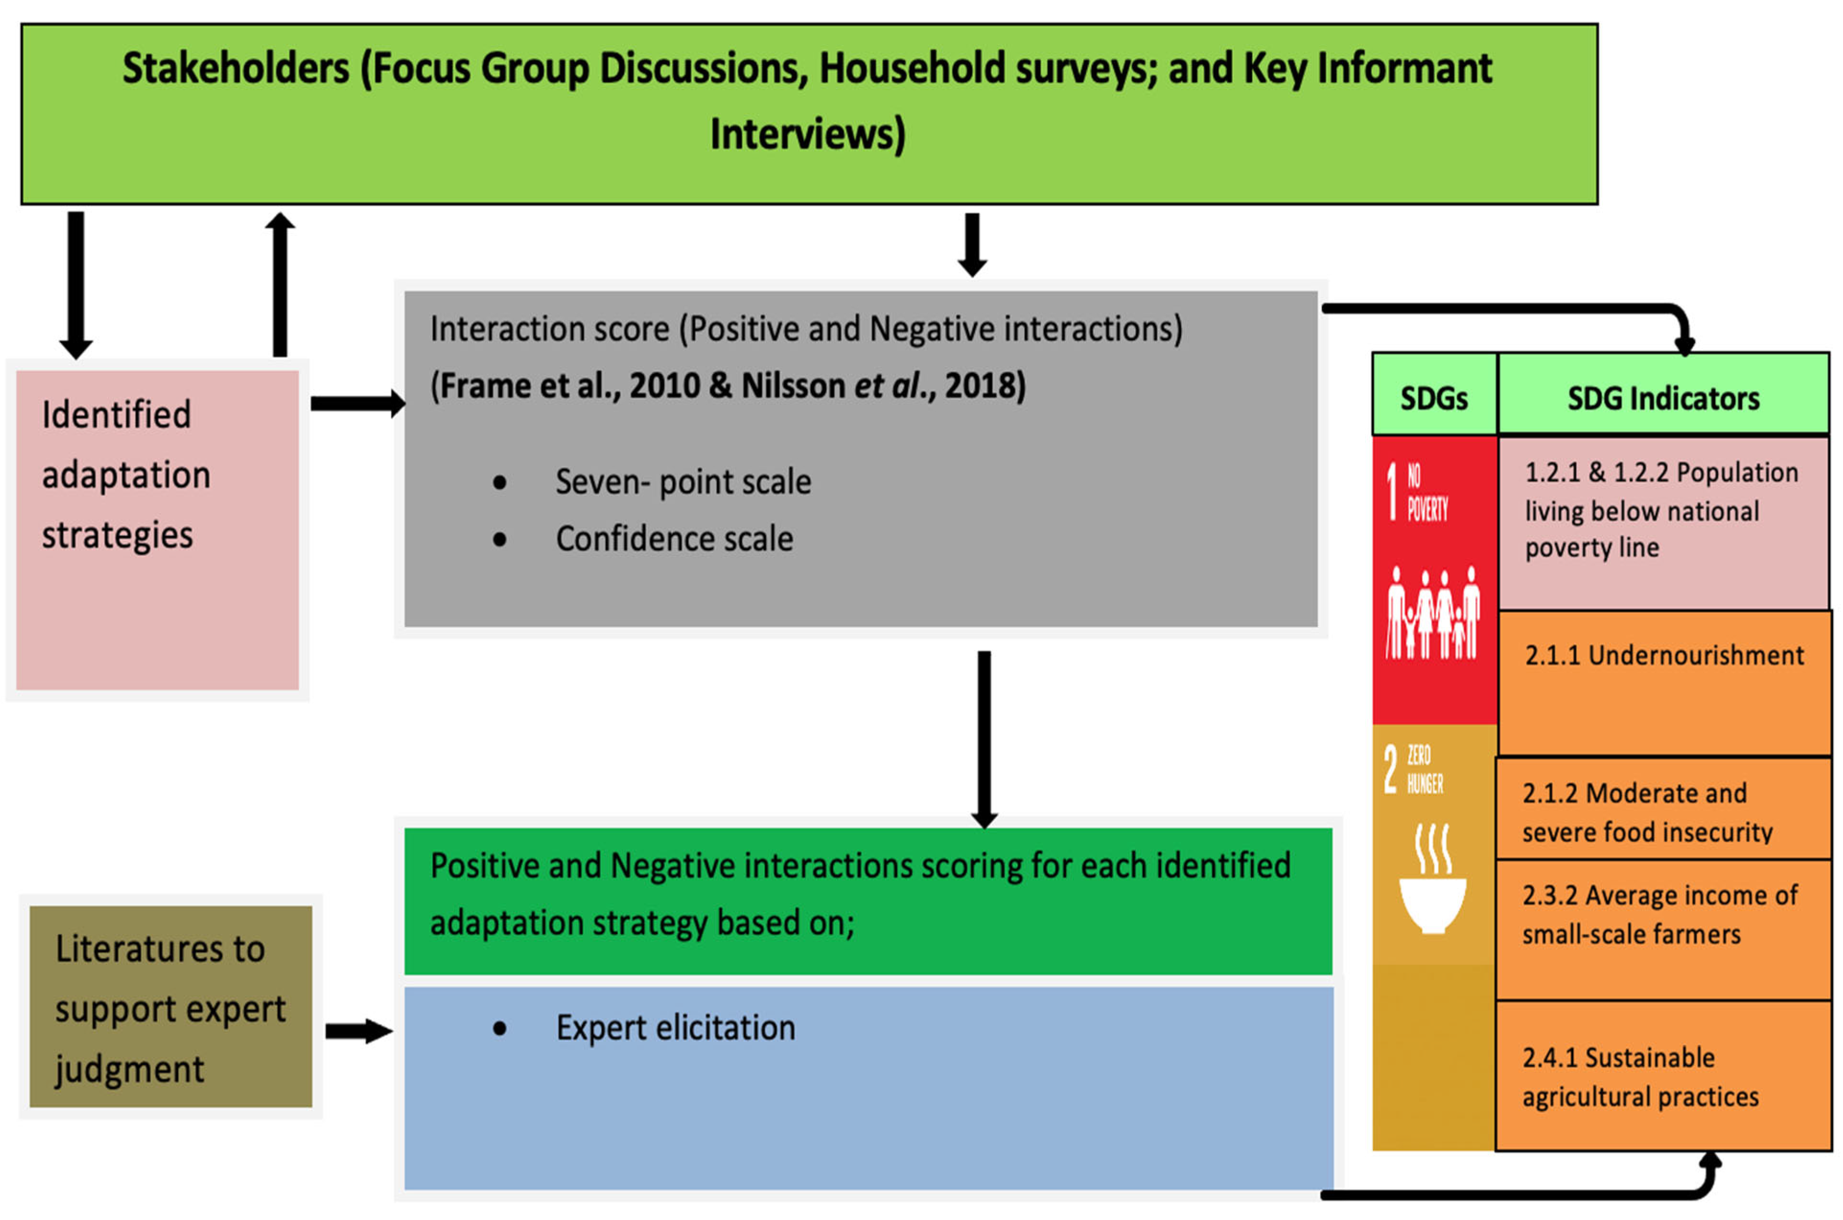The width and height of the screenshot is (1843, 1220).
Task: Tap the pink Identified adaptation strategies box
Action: click(157, 529)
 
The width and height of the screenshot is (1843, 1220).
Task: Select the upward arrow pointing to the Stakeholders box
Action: click(280, 284)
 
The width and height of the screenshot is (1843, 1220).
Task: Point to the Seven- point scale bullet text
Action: click(682, 482)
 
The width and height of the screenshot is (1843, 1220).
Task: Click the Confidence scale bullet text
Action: click(673, 539)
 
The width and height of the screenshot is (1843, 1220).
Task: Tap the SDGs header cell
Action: click(1433, 399)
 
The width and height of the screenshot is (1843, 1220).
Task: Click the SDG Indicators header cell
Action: click(1663, 399)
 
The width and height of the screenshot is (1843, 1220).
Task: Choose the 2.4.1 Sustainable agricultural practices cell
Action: click(1663, 1077)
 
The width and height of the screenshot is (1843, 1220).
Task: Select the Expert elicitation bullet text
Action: click(675, 1028)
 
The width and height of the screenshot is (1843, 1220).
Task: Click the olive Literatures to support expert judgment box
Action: click(170, 1007)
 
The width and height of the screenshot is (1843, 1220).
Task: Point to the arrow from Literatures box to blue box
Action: click(358, 1032)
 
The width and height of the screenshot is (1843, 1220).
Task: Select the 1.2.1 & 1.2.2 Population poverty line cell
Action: click(1663, 521)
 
